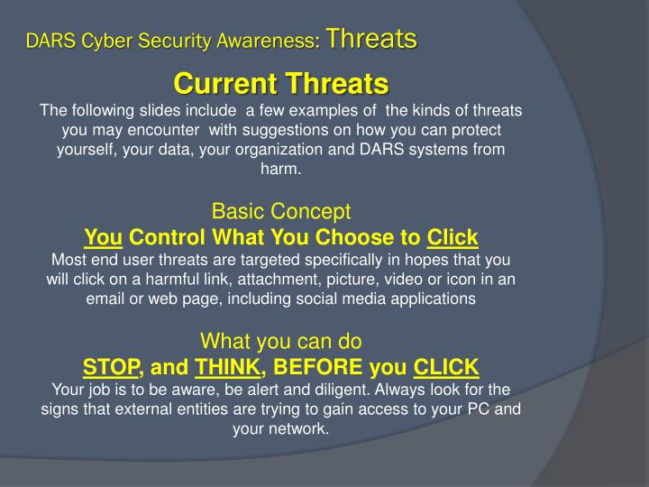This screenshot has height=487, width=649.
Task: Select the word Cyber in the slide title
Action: point(104,41)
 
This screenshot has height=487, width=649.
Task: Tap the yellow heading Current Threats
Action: point(280,84)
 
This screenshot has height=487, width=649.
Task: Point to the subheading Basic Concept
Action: point(280,212)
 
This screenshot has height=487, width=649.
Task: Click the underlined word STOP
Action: point(111,367)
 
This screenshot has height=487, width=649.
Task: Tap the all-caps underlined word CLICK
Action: point(446,367)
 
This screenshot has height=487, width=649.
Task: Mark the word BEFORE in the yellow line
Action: point(316,367)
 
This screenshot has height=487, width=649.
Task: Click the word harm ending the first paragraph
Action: point(280,169)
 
